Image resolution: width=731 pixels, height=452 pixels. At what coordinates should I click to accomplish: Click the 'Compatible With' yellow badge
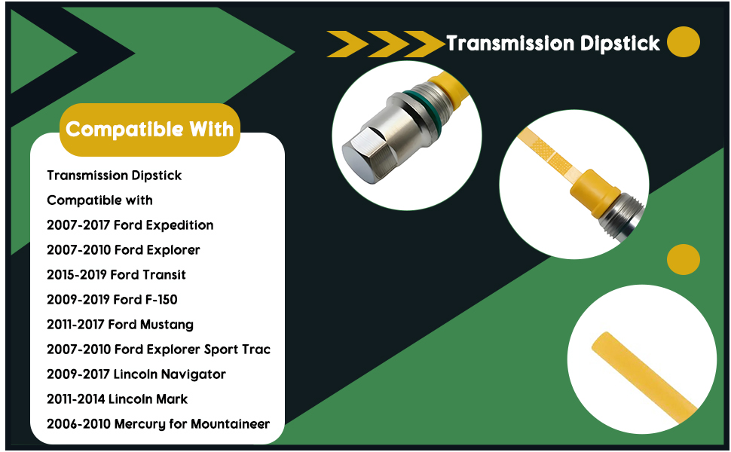pos(150,130)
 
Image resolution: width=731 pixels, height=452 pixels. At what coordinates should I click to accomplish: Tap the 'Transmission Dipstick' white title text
pos(553,44)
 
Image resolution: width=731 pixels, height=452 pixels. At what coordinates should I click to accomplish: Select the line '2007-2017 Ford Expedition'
pos(130,225)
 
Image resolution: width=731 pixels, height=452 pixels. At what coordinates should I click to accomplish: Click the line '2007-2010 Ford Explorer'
pos(124,250)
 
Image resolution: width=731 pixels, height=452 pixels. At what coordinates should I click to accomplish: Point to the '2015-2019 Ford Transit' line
pos(117,274)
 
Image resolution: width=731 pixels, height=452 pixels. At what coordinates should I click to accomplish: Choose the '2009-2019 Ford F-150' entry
pos(112,299)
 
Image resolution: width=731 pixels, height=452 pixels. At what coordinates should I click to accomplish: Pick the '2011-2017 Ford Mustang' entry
pos(121,325)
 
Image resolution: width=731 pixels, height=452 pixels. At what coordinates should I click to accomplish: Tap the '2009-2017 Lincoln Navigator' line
pos(136,374)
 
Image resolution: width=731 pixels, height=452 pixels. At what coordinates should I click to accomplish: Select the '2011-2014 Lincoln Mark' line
pos(118,399)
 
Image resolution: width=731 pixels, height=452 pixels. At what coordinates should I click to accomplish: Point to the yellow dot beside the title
pos(684,42)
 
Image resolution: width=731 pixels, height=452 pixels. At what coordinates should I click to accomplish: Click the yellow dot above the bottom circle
pos(684,259)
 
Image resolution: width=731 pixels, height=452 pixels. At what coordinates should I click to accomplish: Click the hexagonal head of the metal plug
pos(366,154)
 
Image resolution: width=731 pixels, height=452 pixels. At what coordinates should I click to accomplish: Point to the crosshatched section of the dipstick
pos(549,154)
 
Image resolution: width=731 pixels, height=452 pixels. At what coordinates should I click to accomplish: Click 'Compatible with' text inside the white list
pos(99,200)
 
